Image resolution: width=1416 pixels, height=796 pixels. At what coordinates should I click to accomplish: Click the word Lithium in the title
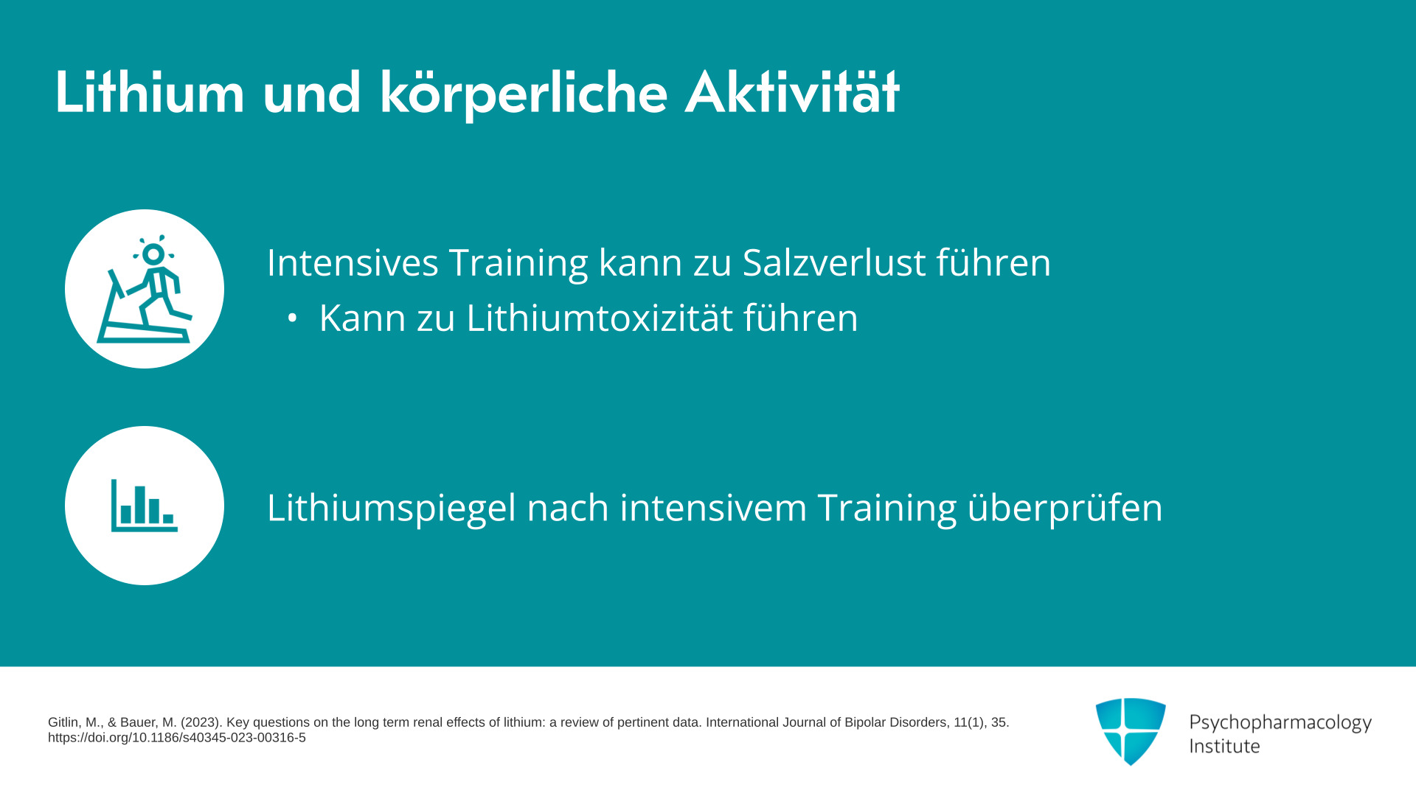pyautogui.click(x=150, y=93)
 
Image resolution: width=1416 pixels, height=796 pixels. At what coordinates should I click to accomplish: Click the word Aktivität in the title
pyautogui.click(x=792, y=93)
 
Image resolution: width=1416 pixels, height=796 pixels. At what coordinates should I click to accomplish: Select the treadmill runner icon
pyautogui.click(x=145, y=289)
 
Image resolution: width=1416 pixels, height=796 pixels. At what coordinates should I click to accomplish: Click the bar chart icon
pyautogui.click(x=145, y=506)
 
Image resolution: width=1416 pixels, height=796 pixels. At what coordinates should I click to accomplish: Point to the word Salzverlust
pyautogui.click(x=833, y=262)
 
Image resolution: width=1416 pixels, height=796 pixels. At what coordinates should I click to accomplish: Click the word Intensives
pyautogui.click(x=353, y=262)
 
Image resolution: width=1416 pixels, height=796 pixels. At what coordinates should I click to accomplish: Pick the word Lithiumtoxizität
pyautogui.click(x=600, y=318)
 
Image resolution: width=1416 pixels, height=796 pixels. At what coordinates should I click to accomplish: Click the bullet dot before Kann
pyautogui.click(x=293, y=318)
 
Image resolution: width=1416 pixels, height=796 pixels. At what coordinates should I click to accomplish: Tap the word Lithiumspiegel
pyautogui.click(x=392, y=509)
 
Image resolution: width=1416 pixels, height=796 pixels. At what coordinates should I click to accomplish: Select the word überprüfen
pyautogui.click(x=1065, y=509)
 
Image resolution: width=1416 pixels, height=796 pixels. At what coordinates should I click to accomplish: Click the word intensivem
pyautogui.click(x=713, y=508)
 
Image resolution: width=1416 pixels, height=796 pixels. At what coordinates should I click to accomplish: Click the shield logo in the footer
pyautogui.click(x=1131, y=731)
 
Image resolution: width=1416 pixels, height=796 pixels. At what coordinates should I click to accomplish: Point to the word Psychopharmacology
pyautogui.click(x=1280, y=723)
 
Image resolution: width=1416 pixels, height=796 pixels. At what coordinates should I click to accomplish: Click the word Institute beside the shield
pyautogui.click(x=1224, y=746)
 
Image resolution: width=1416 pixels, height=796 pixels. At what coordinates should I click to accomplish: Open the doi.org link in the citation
pyautogui.click(x=177, y=738)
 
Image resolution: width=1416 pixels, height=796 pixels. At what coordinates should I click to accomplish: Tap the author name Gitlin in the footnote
pyautogui.click(x=63, y=723)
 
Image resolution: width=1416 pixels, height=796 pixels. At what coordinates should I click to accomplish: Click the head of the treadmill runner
pyautogui.click(x=153, y=254)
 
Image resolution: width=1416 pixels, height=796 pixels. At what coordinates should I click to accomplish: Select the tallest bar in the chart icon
pyautogui.click(x=140, y=505)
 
